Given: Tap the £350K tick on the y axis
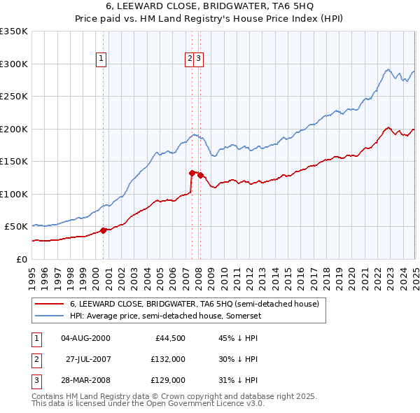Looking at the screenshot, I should point(14,31).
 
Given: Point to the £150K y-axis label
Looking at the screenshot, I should point(14,161).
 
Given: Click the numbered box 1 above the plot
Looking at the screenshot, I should point(102,59).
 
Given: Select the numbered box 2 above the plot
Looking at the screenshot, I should point(190,59).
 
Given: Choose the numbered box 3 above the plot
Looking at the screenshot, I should point(199,59).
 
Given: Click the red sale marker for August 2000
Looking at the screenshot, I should point(104,230).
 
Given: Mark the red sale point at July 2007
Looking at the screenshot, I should point(192,172).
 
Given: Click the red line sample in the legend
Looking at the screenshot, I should point(48,304).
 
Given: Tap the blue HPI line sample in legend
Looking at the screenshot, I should point(48,316).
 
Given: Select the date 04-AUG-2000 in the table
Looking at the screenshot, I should point(85,338).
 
